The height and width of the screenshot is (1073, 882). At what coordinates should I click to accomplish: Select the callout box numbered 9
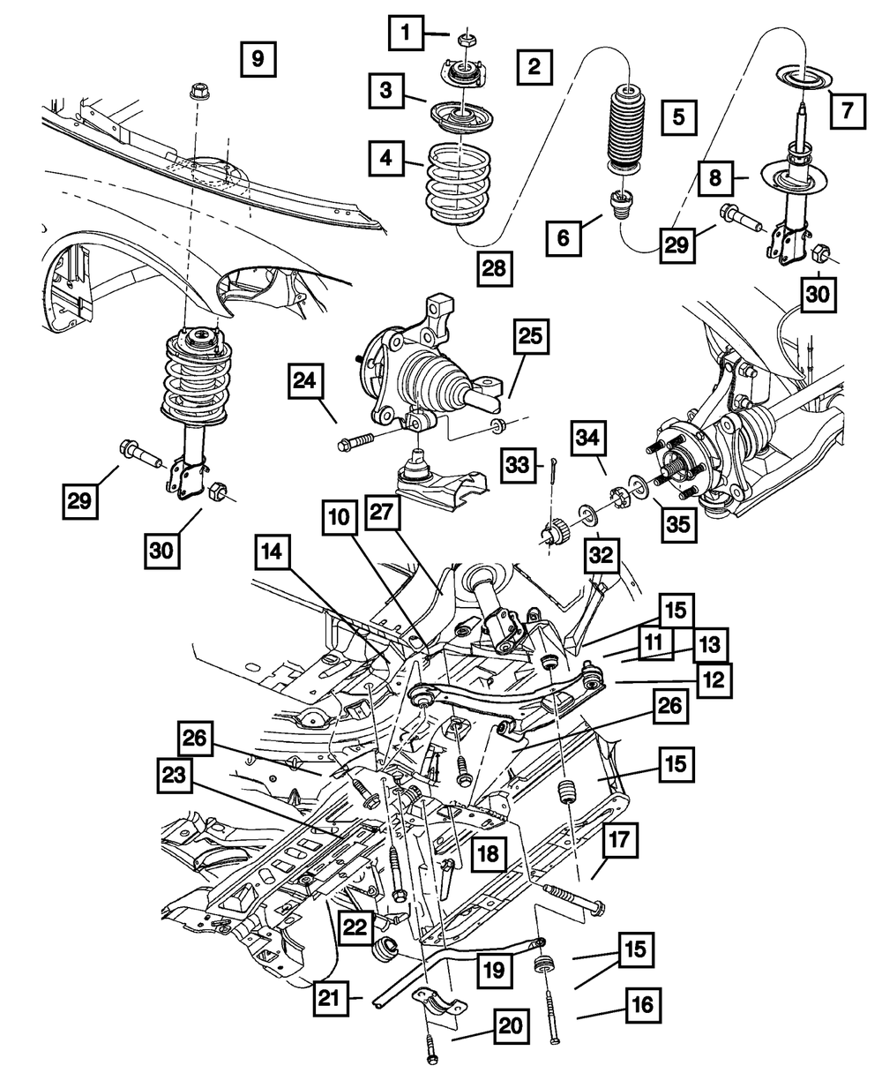click(x=258, y=60)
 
